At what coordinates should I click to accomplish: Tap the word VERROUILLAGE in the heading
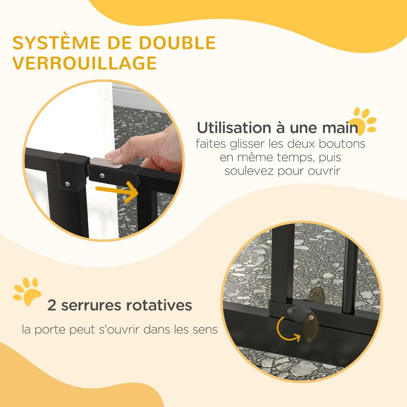click(x=84, y=63)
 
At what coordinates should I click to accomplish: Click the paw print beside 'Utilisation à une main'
click(x=365, y=119)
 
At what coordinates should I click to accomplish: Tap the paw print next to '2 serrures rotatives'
click(x=27, y=291)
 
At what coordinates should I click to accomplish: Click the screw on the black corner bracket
click(x=68, y=184)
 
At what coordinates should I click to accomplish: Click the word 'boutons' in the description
click(x=342, y=143)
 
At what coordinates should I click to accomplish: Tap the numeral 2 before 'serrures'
click(x=52, y=305)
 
